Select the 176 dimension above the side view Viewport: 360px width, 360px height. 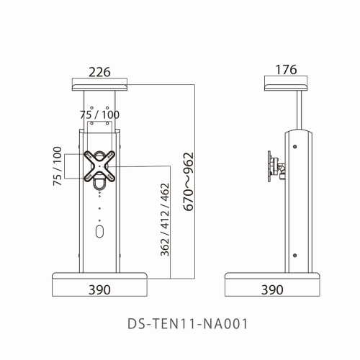(x=287, y=71)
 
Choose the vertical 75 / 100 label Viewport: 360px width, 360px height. (x=57, y=166)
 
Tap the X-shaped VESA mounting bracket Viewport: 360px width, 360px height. (x=99, y=166)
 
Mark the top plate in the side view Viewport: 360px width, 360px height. (x=287, y=87)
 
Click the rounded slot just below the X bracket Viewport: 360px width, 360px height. (x=99, y=186)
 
